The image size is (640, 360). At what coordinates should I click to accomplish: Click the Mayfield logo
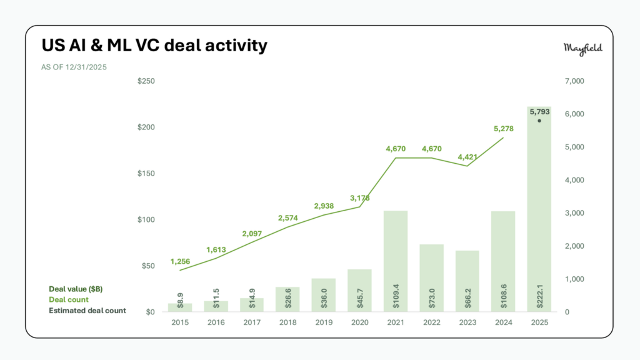coord(582,49)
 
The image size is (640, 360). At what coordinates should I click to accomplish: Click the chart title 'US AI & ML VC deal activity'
coord(154,45)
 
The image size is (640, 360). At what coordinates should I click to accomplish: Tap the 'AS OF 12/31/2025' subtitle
coord(78,67)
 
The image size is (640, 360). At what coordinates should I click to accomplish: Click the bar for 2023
coord(467,281)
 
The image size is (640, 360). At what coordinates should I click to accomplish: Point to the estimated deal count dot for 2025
coord(539,121)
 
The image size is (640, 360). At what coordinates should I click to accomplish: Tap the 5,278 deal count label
coord(503,129)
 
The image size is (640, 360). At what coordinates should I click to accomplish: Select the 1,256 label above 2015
coord(180,261)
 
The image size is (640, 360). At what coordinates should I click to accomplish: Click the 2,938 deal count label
coord(324,206)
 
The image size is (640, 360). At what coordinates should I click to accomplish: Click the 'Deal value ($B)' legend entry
coord(75,289)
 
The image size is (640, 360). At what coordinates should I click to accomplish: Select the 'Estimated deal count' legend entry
coord(87,310)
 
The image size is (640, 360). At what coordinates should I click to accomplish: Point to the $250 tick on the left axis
coord(146,81)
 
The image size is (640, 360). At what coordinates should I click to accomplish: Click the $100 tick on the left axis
coord(146,219)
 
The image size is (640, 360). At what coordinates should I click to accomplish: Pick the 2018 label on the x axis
coord(287,323)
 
